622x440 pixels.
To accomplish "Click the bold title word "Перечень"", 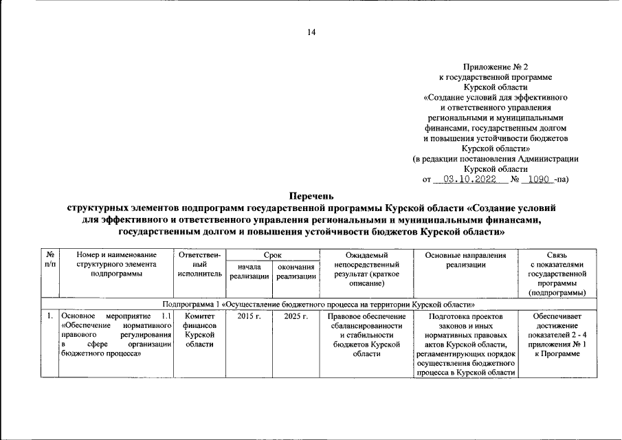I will (x=311, y=196).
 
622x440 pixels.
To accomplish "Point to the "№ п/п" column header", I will (x=49, y=260).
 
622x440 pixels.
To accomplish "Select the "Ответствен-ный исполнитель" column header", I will (x=199, y=265).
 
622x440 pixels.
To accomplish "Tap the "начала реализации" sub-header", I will (x=249, y=272).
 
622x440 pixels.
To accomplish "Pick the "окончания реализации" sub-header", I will (x=296, y=272).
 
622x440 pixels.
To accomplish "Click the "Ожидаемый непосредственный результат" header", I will (x=366, y=269).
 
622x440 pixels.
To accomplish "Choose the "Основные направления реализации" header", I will (x=465, y=260).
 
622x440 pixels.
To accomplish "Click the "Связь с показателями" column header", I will (x=557, y=274).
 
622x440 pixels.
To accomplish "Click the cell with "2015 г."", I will (x=249, y=316).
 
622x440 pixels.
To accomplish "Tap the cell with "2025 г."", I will (x=296, y=316).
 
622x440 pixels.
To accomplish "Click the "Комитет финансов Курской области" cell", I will (x=199, y=329).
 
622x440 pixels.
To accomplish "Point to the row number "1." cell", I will (x=49, y=316).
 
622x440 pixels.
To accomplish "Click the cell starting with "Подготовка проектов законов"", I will (x=465, y=344).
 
